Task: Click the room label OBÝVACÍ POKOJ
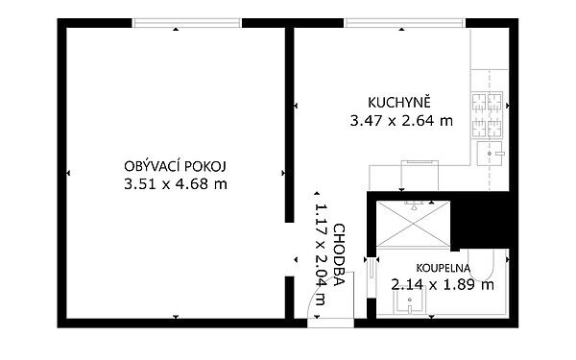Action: pos(176,166)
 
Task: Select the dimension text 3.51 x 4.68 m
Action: pos(176,184)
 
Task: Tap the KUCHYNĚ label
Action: pos(399,102)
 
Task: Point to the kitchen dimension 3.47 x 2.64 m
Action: pos(401,121)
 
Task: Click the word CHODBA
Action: pos(339,255)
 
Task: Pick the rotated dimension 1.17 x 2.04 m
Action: pos(321,254)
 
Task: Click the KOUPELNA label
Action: pos(443,268)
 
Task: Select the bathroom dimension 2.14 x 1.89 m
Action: pos(443,285)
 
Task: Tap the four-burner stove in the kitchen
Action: pos(487,114)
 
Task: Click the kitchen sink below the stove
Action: pos(490,154)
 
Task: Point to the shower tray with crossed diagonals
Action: pos(413,224)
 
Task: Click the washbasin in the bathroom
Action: pos(410,300)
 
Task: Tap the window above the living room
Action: pos(186,23)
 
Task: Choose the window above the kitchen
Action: pos(405,23)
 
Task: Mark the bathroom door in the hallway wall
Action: pos(372,277)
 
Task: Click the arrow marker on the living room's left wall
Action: pos(68,173)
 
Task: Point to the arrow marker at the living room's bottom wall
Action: pos(176,317)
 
